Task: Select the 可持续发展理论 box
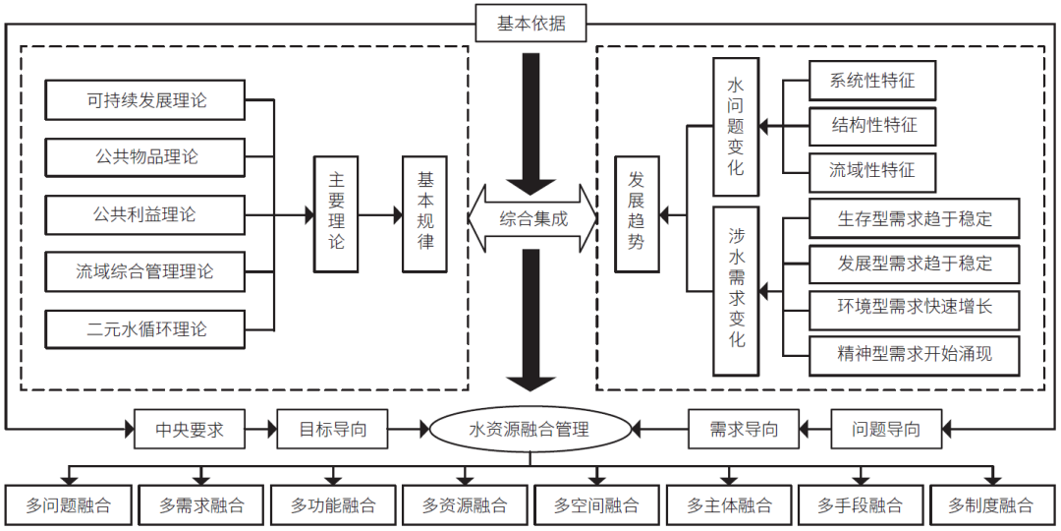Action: [146, 100]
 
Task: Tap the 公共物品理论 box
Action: [146, 156]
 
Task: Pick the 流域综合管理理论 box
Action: [146, 270]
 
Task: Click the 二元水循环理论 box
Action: [146, 328]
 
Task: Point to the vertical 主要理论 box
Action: [336, 213]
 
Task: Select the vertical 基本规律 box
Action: [424, 213]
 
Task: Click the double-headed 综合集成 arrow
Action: [532, 218]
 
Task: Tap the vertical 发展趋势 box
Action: [637, 213]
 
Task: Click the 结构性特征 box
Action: [871, 126]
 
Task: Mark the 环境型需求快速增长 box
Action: [914, 308]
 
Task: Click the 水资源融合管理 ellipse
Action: [530, 429]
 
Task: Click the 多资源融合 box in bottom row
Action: [465, 505]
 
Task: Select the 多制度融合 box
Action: [990, 505]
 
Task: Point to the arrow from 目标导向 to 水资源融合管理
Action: [409, 429]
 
